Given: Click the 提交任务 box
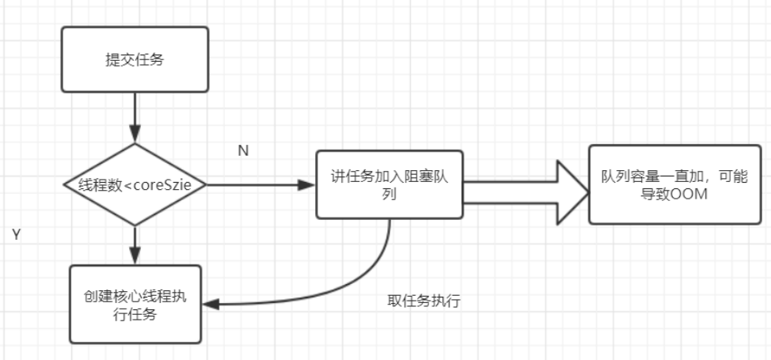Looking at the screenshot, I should (x=135, y=60).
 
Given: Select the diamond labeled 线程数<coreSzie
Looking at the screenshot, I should (x=135, y=184).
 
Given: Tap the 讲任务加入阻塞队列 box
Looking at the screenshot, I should (x=389, y=184).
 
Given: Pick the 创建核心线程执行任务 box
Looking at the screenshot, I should (x=135, y=304).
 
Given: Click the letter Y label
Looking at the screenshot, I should (x=16, y=235).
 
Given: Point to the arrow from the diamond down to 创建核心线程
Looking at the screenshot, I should (x=135, y=244).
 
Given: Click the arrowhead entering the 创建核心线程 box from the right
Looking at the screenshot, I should (x=210, y=303).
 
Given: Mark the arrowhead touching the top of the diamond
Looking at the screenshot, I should (x=135, y=136).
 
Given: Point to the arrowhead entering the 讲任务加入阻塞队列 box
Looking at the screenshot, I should (x=307, y=184).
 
